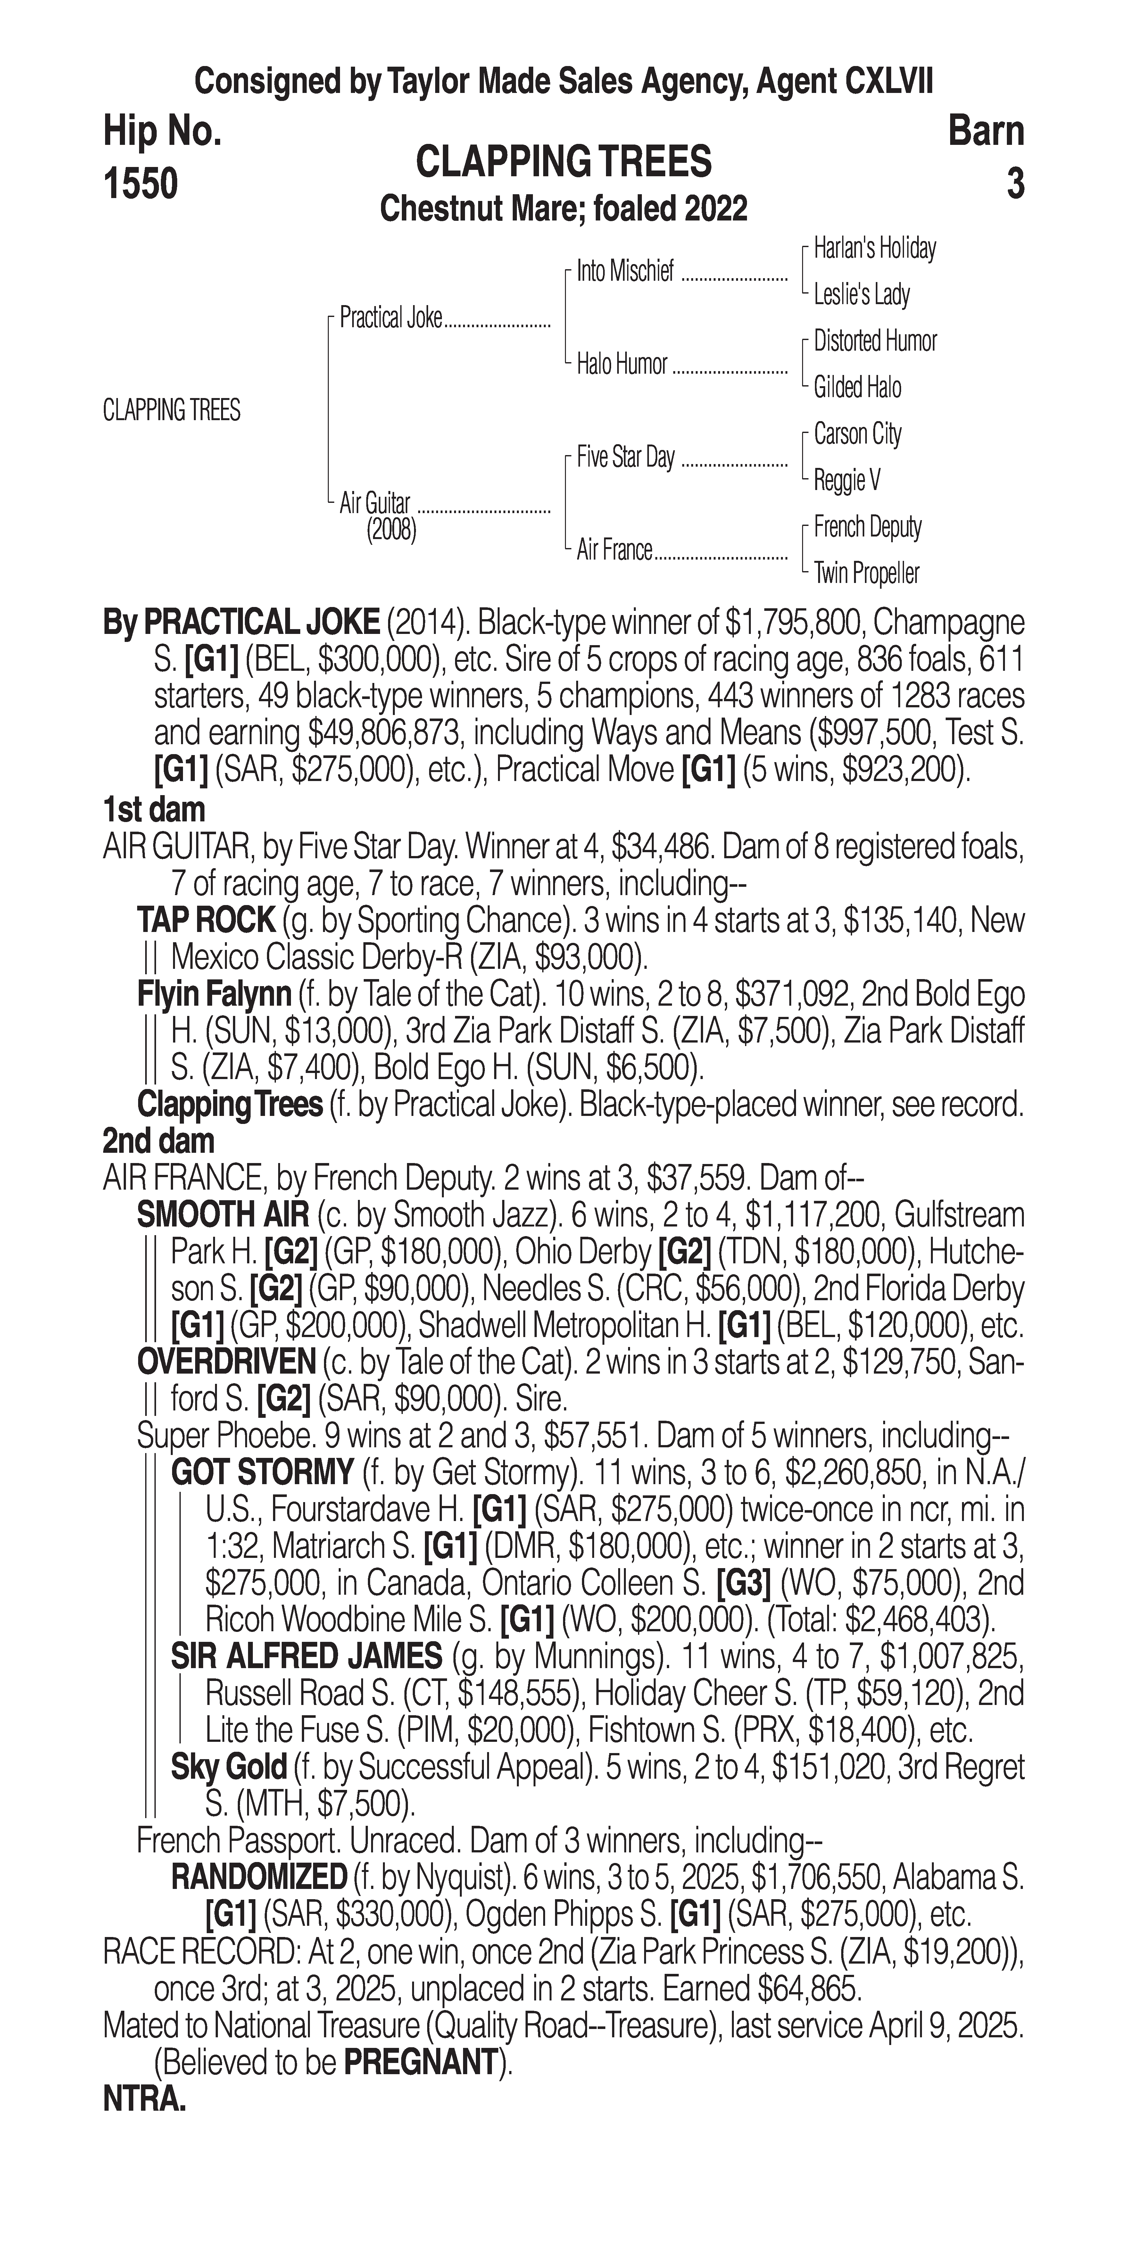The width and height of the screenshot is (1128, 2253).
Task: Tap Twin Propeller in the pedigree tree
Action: tap(867, 574)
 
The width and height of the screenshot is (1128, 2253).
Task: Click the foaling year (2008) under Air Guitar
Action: tap(391, 531)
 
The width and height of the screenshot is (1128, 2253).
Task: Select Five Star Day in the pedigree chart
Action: tap(626, 457)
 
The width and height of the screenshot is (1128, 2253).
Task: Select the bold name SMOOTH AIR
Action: tap(223, 1215)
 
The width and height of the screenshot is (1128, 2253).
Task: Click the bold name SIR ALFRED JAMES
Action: tap(306, 1656)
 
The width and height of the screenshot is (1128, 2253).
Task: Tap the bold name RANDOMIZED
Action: tap(259, 1877)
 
